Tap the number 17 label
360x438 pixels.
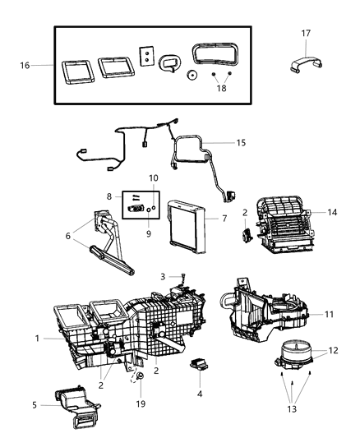[307, 34]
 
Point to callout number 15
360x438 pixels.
[240, 142]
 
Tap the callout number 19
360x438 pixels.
[139, 404]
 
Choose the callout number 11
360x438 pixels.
[328, 314]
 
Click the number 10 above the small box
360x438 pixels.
[154, 178]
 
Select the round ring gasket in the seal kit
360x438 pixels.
[191, 75]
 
